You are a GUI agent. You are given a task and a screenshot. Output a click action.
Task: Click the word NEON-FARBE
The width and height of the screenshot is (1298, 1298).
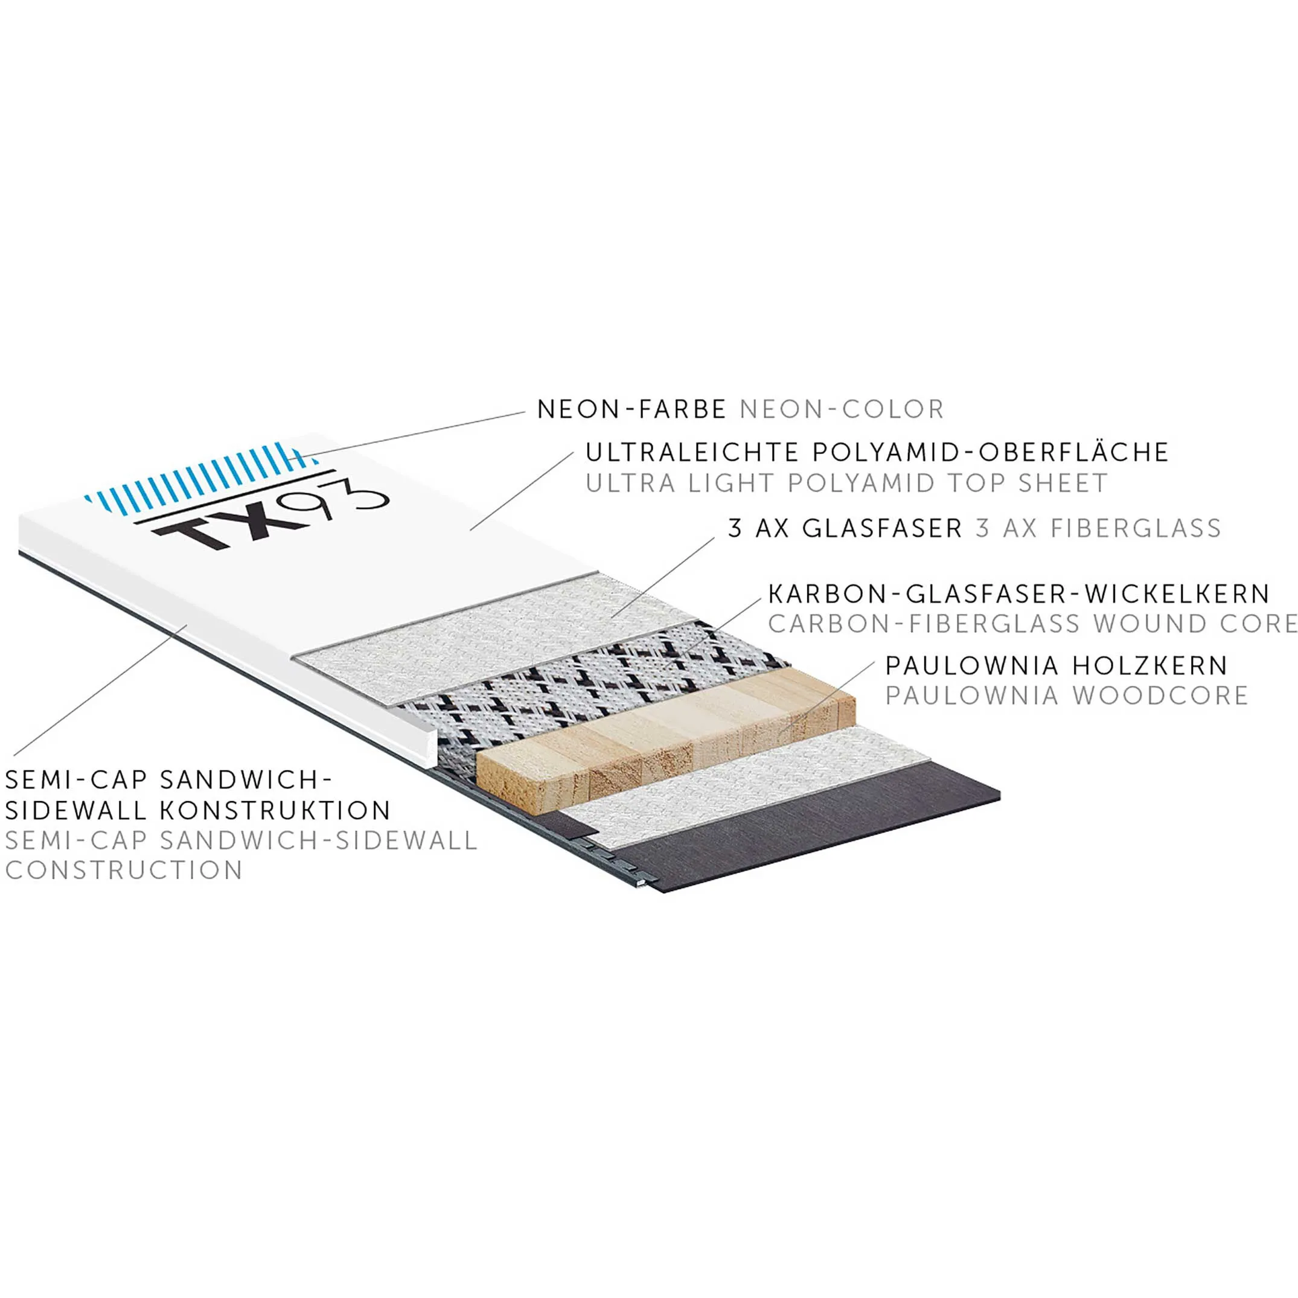[x=631, y=409]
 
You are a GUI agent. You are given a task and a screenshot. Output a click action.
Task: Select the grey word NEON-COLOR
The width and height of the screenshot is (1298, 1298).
[x=842, y=409]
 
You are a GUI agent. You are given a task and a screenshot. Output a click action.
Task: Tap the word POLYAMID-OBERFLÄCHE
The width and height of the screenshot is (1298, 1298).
[x=990, y=452]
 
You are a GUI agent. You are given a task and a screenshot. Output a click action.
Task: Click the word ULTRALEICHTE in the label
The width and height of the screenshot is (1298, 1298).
[x=691, y=452]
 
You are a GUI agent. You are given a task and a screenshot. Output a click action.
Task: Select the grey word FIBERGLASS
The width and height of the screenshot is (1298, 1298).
[x=1136, y=528]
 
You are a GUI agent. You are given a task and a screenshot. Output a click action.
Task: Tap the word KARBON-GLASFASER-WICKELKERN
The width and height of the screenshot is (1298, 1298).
[x=1018, y=594]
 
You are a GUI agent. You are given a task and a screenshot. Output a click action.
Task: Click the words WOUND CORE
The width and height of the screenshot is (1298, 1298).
[x=1195, y=624]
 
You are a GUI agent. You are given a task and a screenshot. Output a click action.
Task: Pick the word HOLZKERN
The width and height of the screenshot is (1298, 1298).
[x=1150, y=665]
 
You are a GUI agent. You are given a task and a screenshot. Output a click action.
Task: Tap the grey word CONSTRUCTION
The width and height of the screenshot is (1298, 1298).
[x=124, y=870]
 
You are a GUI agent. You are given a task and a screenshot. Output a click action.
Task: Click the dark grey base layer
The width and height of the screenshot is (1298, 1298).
[x=806, y=833]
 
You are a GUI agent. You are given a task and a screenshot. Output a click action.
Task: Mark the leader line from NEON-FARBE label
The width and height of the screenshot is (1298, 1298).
[x=417, y=433]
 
